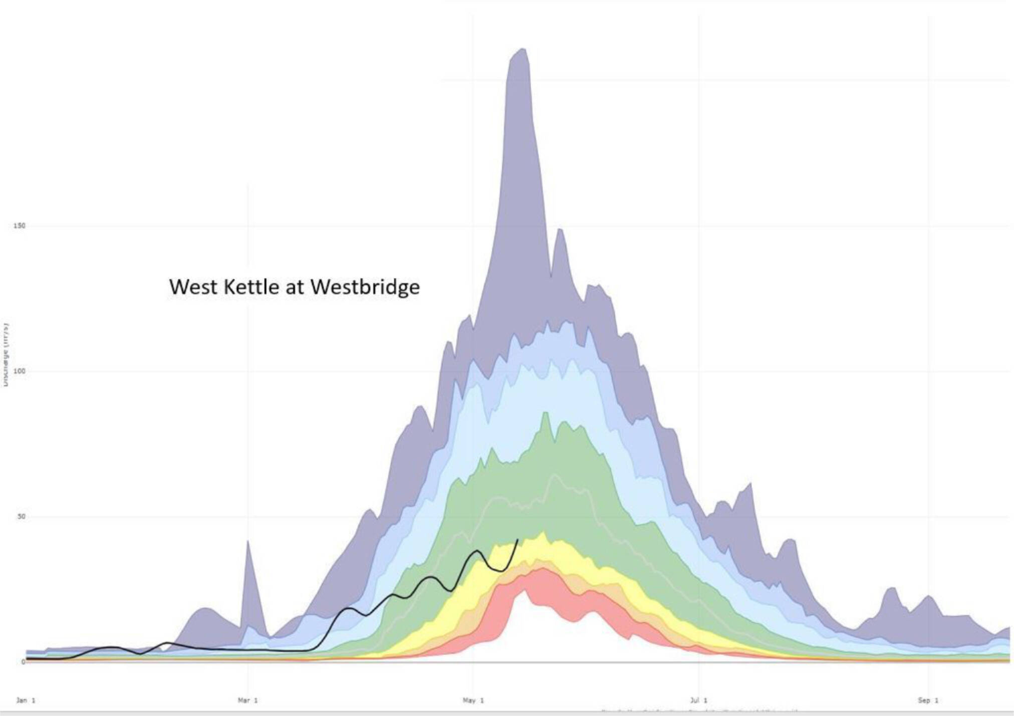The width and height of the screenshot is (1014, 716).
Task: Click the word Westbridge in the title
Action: pos(365,287)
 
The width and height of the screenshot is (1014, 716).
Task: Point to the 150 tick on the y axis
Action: pos(19,226)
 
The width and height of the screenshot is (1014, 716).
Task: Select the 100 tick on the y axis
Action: pos(19,371)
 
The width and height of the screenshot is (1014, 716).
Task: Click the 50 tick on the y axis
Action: pos(21,517)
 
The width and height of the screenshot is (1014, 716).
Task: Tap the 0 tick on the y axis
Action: pos(23,662)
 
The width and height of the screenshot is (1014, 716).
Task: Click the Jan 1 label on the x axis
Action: pos(26,700)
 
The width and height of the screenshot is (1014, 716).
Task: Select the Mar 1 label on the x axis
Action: pos(247,700)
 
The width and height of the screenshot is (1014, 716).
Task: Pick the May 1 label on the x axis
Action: pos(473,700)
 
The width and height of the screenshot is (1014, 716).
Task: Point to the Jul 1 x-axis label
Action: pos(698,700)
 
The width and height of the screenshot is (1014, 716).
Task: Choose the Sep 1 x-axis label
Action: pos(928,700)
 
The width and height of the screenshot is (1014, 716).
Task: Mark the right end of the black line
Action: pos(518,540)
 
